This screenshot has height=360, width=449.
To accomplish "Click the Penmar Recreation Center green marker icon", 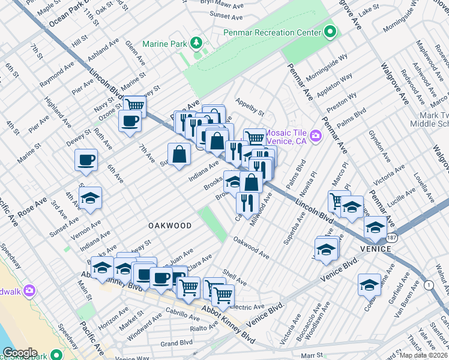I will pyautogui.click(x=330, y=32).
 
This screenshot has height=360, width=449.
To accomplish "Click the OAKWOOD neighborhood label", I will pyautogui.click(x=170, y=226).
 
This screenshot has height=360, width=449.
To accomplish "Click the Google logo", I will pyautogui.click(x=20, y=353).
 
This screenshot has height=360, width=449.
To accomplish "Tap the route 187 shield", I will pyautogui.click(x=391, y=237).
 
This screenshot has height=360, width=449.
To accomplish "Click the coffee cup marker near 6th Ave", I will pyautogui.click(x=86, y=160).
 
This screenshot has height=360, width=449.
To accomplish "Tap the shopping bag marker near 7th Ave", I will pyautogui.click(x=179, y=155).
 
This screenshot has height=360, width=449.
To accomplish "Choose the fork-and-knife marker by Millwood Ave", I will pyautogui.click(x=247, y=202).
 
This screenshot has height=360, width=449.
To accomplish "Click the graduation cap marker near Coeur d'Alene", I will pyautogui.click(x=369, y=284).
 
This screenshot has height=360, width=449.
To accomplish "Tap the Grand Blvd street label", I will pyautogui.click(x=176, y=343).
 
